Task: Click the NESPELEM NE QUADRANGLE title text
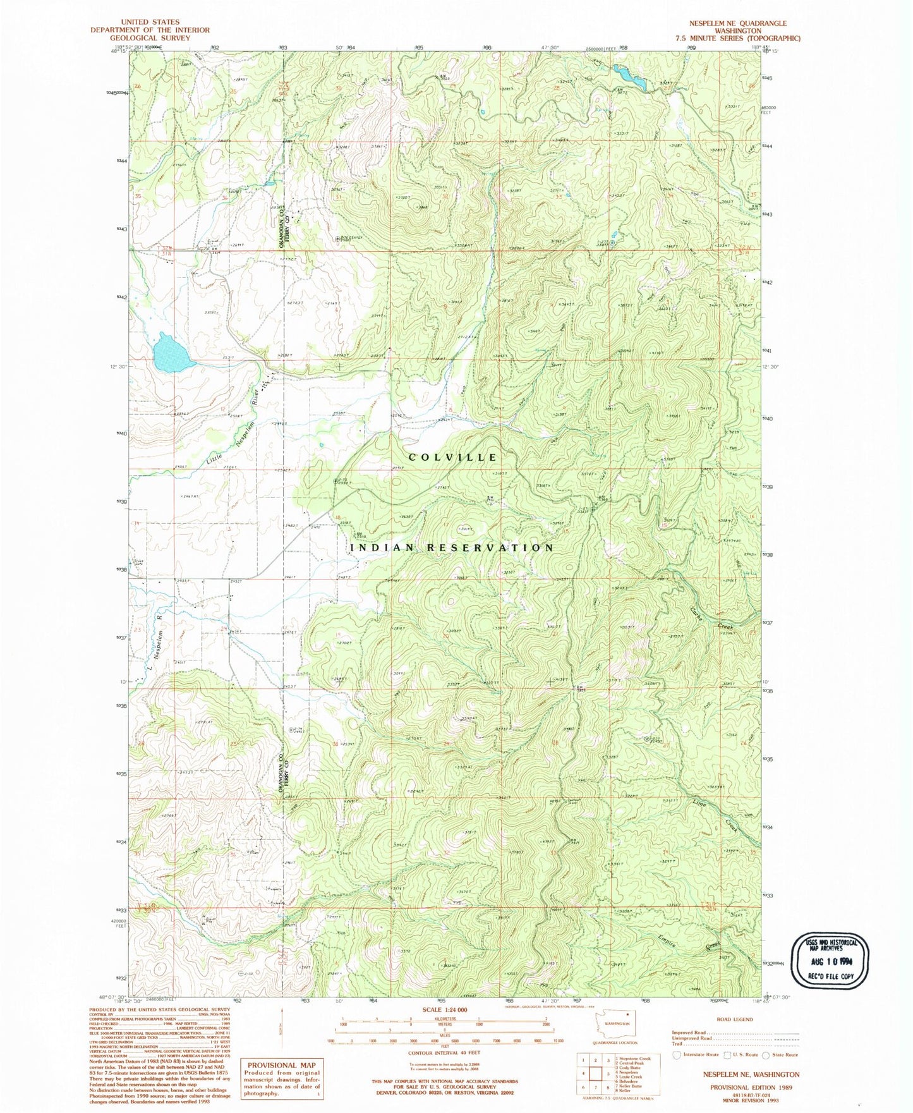(x=737, y=23)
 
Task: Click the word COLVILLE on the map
(x=453, y=457)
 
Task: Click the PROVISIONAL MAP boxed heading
(x=282, y=1065)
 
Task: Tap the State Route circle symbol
(x=766, y=1055)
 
